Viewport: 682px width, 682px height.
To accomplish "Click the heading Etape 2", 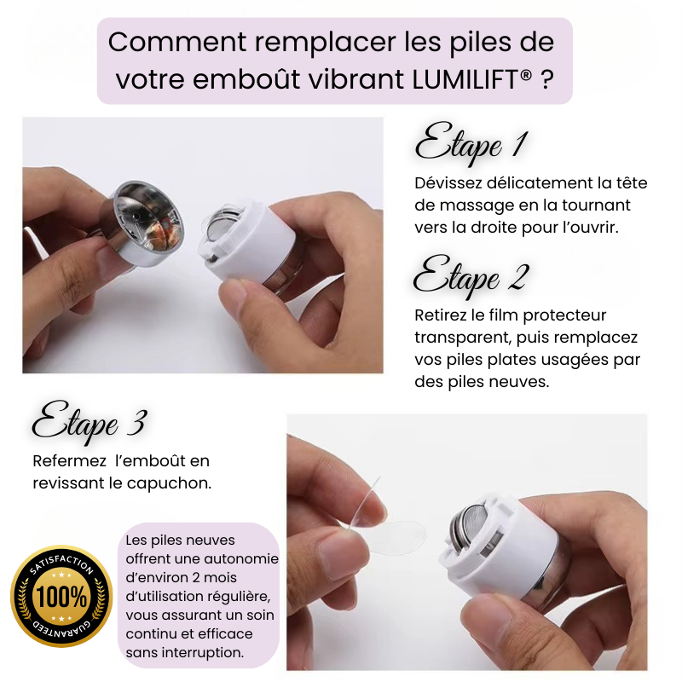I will coord(471,278).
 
